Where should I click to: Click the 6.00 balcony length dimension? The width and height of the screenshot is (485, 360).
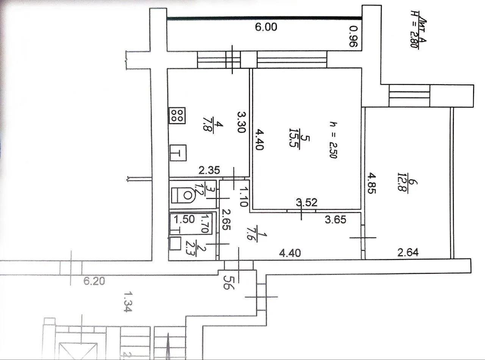pyautogui.click(x=266, y=27)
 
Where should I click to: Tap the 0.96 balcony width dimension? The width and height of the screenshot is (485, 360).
pyautogui.click(x=354, y=36)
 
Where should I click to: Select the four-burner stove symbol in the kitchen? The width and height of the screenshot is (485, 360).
pyautogui.click(x=177, y=115)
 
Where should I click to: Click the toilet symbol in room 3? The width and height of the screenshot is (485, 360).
pyautogui.click(x=183, y=195)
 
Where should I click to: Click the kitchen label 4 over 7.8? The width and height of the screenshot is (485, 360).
pyautogui.click(x=213, y=127)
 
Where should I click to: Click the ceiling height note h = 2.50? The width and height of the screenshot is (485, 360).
pyautogui.click(x=333, y=140)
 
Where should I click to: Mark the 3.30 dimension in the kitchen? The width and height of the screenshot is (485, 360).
pyautogui.click(x=242, y=122)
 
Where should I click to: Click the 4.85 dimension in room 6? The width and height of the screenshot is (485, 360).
pyautogui.click(x=371, y=183)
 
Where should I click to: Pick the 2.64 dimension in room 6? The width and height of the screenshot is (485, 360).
pyautogui.click(x=408, y=252)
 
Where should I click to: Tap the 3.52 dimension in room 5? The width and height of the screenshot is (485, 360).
pyautogui.click(x=307, y=203)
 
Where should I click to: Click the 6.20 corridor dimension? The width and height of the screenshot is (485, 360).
pyautogui.click(x=94, y=281)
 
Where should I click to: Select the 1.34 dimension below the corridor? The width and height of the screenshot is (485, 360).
pyautogui.click(x=127, y=302)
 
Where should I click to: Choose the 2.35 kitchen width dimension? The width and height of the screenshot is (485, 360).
pyautogui.click(x=209, y=170)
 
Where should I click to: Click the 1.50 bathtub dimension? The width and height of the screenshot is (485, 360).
pyautogui.click(x=184, y=219)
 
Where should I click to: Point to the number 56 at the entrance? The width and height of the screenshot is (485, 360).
pyautogui.click(x=228, y=282)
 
